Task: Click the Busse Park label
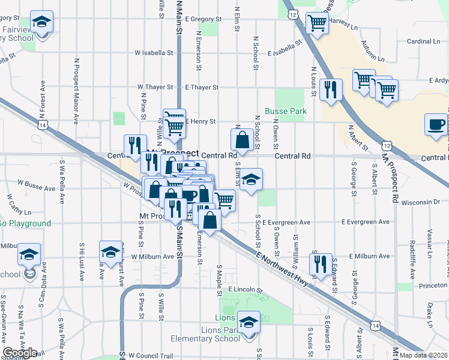coord(286,112)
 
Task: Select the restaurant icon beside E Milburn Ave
coord(321,264)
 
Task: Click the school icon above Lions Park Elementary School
coord(248,323)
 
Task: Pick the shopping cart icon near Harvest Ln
coord(317,25)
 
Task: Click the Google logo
coord(20,353)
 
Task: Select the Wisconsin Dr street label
coord(420,202)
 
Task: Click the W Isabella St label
coord(154,53)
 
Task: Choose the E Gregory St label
coord(203,19)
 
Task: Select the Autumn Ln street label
coord(373,50)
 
